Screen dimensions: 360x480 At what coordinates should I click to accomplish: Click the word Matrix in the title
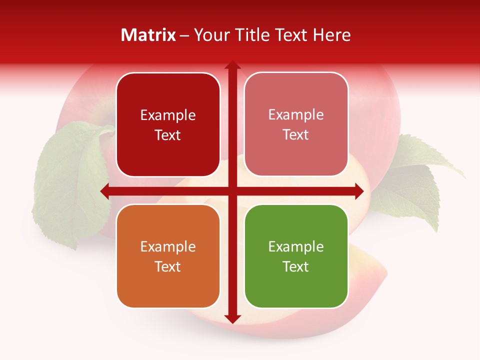point(148,35)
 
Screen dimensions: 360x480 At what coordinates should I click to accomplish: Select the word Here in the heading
point(331,35)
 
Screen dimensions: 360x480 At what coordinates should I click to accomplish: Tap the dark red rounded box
point(168,124)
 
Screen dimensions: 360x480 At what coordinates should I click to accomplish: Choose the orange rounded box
point(168,256)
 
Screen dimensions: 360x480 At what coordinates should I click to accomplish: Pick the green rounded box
point(296,256)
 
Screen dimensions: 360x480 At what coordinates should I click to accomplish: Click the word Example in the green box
point(296,246)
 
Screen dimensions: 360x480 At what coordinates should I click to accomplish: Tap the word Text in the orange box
point(168,266)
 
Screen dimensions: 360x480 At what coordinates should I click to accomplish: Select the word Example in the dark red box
point(168,115)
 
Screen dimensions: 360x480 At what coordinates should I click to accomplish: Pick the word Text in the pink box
point(296,134)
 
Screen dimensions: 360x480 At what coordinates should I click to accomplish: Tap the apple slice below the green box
point(360,280)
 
